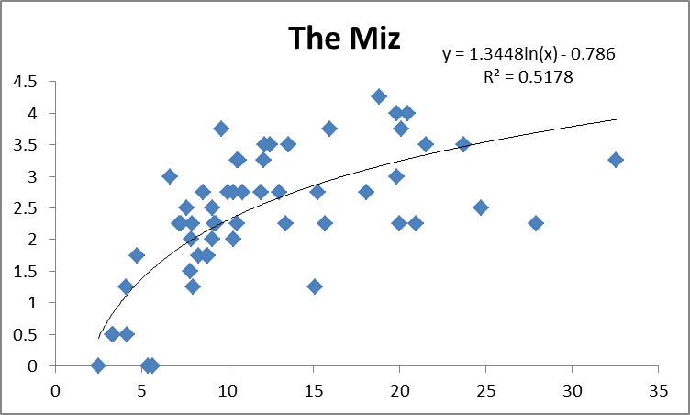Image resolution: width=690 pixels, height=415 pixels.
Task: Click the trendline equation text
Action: tap(528, 55)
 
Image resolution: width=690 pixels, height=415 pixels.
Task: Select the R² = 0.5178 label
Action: tap(528, 77)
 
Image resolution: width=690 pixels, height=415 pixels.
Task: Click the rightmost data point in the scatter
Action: tap(616, 160)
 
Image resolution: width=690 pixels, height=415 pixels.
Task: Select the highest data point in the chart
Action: tap(379, 96)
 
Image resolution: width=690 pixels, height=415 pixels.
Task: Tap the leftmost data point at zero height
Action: tap(98, 365)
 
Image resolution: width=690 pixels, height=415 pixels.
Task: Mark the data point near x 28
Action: tap(536, 223)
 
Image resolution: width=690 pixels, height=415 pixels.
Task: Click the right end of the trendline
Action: tap(616, 119)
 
